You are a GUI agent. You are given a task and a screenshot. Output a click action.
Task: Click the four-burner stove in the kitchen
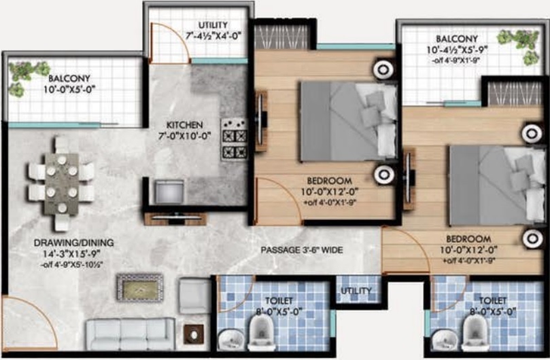tap(235, 140)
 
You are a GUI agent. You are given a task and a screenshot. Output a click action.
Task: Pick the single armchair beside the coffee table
tap(194, 295)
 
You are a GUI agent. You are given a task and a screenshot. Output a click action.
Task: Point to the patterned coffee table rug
tap(139, 287)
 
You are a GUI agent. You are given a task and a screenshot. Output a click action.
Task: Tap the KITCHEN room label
tap(184, 125)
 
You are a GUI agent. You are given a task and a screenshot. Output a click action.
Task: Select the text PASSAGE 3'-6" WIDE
tap(302, 250)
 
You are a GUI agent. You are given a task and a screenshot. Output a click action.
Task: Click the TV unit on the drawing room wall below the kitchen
tap(174, 219)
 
